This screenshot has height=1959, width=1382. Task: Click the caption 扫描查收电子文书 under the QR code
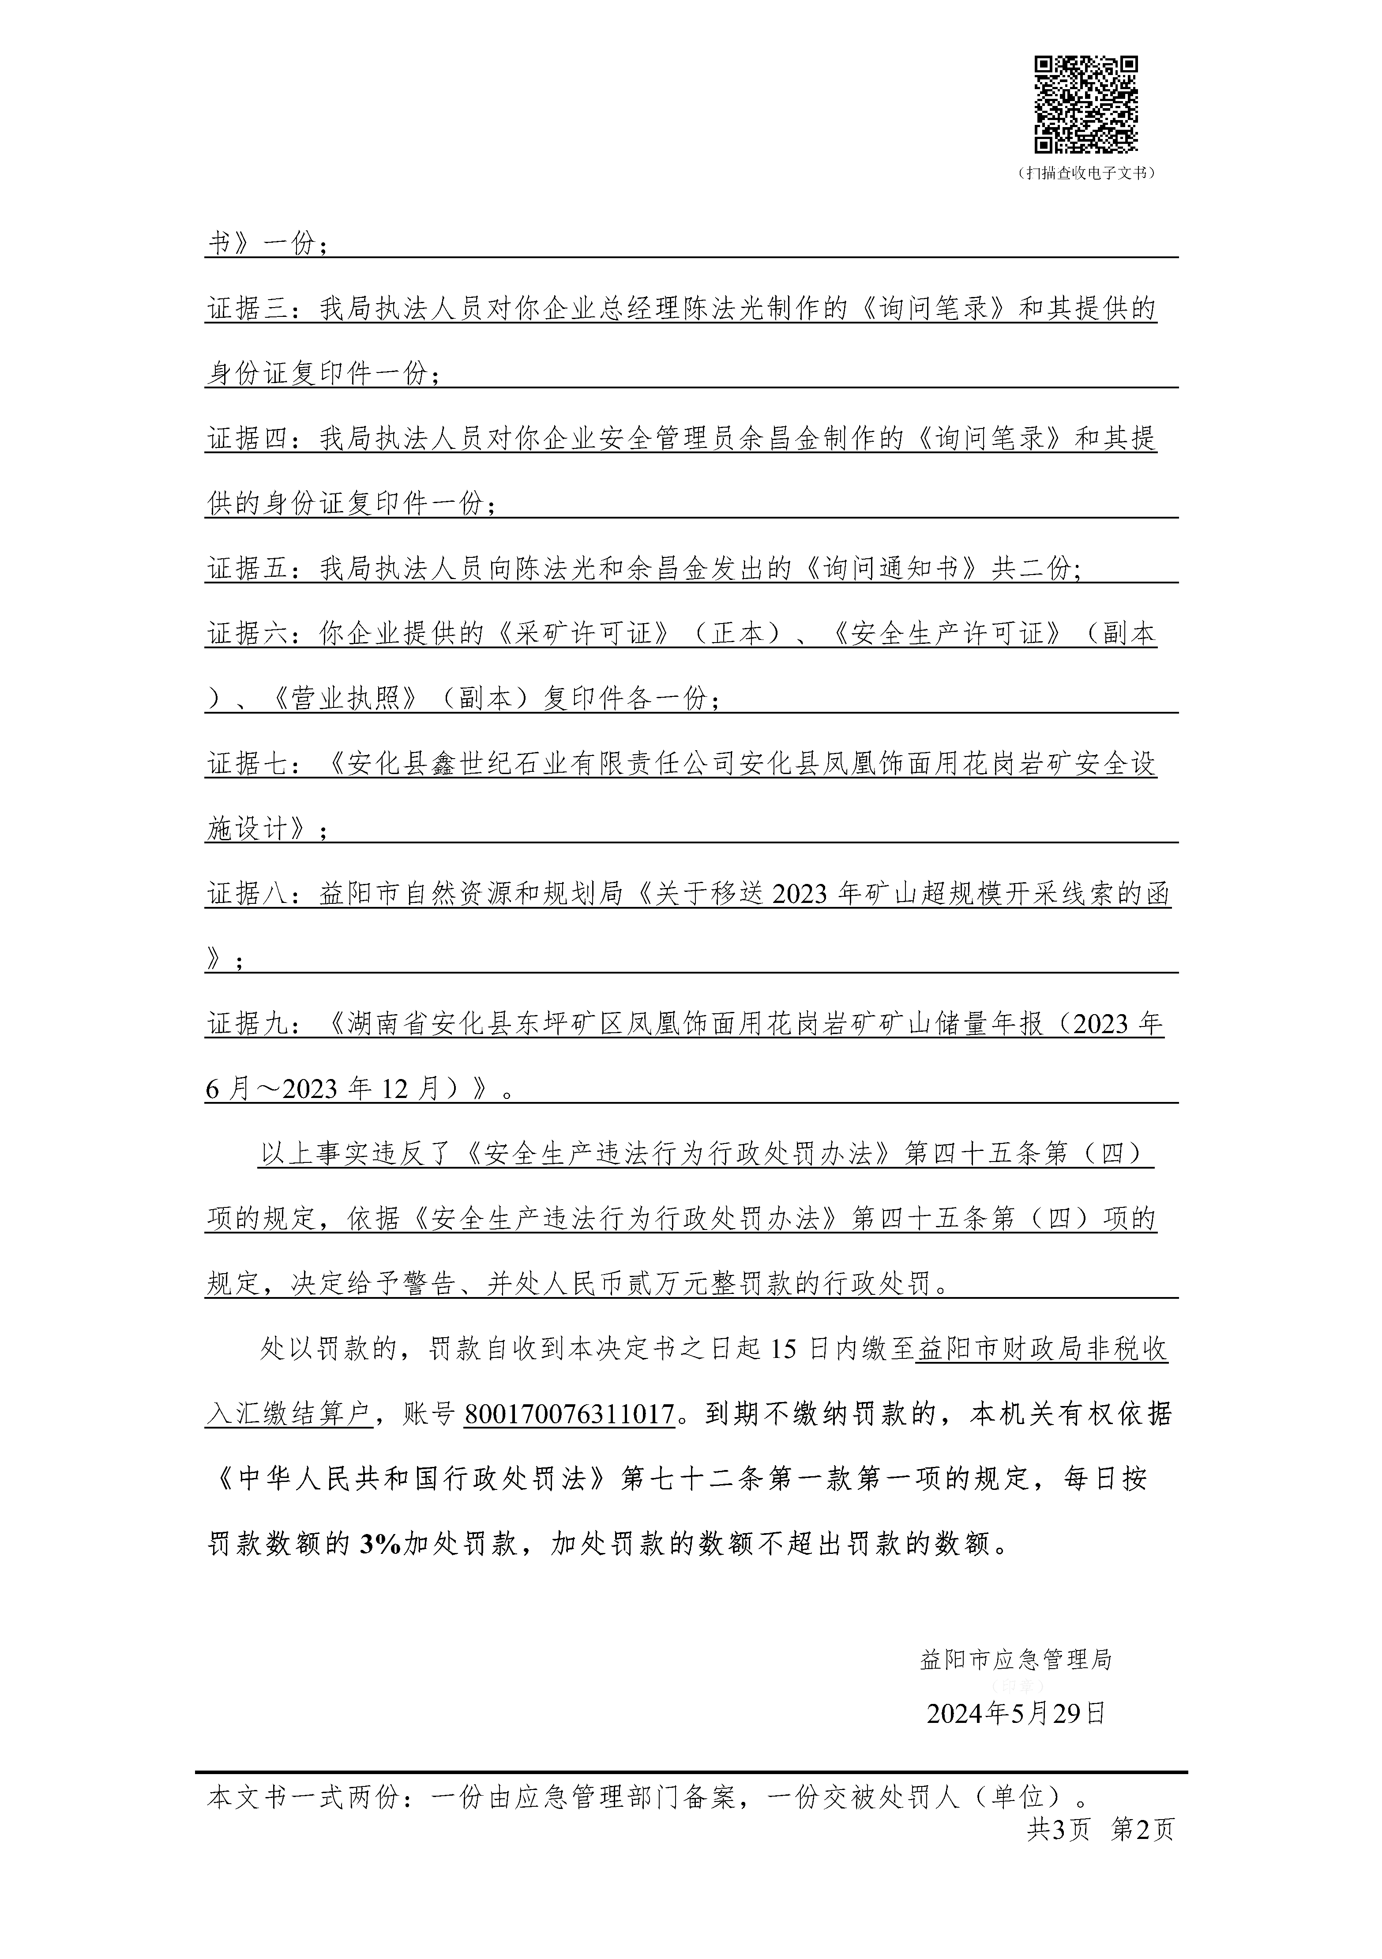(x=1087, y=173)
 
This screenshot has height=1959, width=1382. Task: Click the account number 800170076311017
(x=570, y=1415)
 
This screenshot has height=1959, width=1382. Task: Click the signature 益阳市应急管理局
(x=1016, y=1659)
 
